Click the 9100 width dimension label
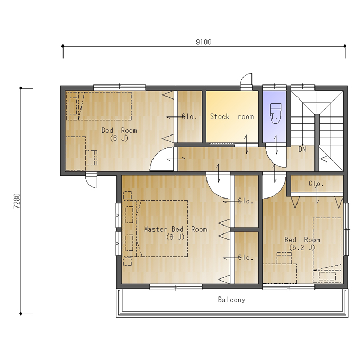tap(204, 42)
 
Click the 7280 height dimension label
tap(17, 201)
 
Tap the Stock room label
tap(232, 116)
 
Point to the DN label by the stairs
tap(302, 149)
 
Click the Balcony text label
tap(232, 300)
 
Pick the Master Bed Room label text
tap(176, 229)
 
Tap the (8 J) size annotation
tap(175, 237)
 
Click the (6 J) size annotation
tap(119, 138)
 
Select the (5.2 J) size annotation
tap(302, 248)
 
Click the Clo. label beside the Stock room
tap(190, 116)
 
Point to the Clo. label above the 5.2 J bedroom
tap(316, 184)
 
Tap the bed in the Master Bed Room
tap(156, 229)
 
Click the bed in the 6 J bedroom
tap(98, 106)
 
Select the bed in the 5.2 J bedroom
tap(327, 250)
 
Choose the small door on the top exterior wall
tap(246, 82)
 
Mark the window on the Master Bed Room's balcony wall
tap(176, 287)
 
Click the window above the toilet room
tap(274, 87)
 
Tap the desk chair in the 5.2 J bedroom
tap(284, 258)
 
